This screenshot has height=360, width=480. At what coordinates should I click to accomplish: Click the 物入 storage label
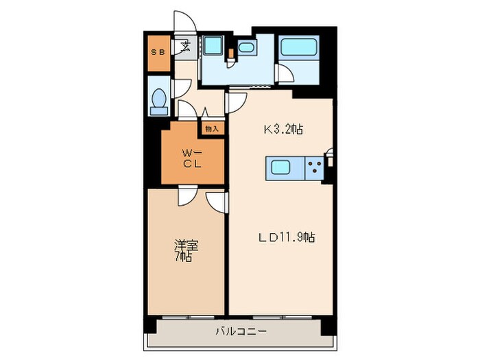[x=211, y=128]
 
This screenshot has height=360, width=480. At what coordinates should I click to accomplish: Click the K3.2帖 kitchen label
[x=285, y=129]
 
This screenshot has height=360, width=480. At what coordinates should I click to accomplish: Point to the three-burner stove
[x=315, y=167]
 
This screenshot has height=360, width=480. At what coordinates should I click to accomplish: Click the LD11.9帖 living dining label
[x=287, y=238]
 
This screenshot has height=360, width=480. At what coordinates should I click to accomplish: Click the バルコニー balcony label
[x=241, y=331]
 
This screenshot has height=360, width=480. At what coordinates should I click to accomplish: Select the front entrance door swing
[x=186, y=22]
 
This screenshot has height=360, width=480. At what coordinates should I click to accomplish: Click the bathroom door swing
[x=283, y=73]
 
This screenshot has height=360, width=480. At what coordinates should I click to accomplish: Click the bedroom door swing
[x=215, y=200]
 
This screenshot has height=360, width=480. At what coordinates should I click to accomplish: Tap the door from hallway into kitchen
[x=237, y=101]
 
